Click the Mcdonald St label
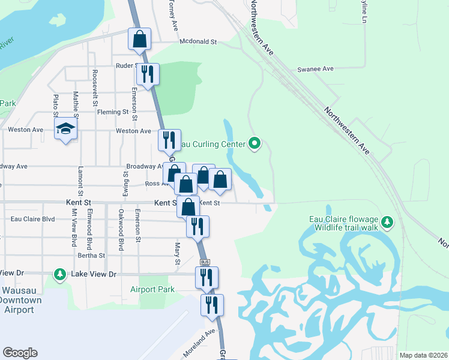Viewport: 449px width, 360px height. pyautogui.click(x=198, y=42)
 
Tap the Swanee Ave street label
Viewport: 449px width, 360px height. pyautogui.click(x=315, y=69)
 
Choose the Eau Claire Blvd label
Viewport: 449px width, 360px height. pyautogui.click(x=33, y=219)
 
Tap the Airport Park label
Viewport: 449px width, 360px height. pyautogui.click(x=152, y=289)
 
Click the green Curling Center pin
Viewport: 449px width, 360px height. pyautogui.click(x=255, y=143)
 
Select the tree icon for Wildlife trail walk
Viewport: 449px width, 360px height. pyautogui.click(x=388, y=223)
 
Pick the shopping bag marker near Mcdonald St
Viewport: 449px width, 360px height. pyautogui.click(x=139, y=39)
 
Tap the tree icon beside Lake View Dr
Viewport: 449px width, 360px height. pyautogui.click(x=59, y=274)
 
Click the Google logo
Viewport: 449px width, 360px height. pyautogui.click(x=20, y=353)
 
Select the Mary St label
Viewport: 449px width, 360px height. pyautogui.click(x=177, y=254)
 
